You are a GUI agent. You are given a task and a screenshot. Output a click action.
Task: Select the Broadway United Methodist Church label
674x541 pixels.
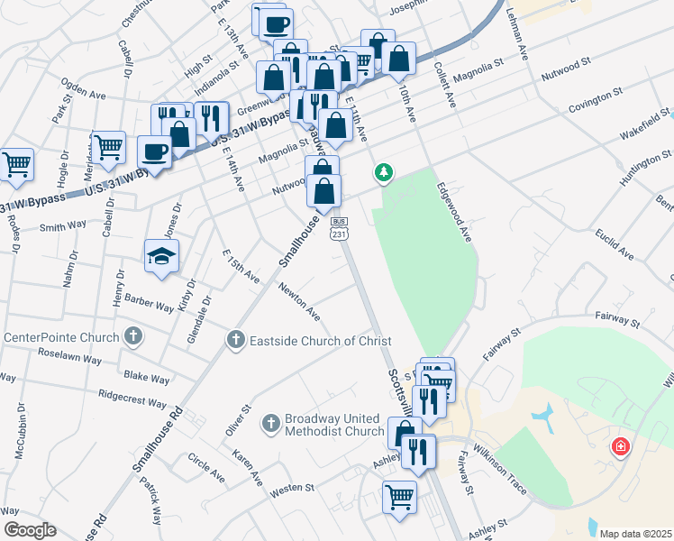pos(333,425)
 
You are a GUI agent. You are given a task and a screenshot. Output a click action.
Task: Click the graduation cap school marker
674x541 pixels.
pos(161,256)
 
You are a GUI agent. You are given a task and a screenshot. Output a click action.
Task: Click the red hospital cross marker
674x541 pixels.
pos(620,446)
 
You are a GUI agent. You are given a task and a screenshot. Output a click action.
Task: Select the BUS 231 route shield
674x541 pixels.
pos(339,228)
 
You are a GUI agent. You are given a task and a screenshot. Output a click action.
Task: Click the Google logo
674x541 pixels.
pos(30,530)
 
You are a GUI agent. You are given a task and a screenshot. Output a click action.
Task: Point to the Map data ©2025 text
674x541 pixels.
pos(635,534)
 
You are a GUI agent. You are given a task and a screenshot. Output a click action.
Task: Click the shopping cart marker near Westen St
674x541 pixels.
pos(399,496)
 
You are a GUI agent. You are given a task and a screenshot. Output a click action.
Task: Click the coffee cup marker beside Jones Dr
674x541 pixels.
pos(154,151)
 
